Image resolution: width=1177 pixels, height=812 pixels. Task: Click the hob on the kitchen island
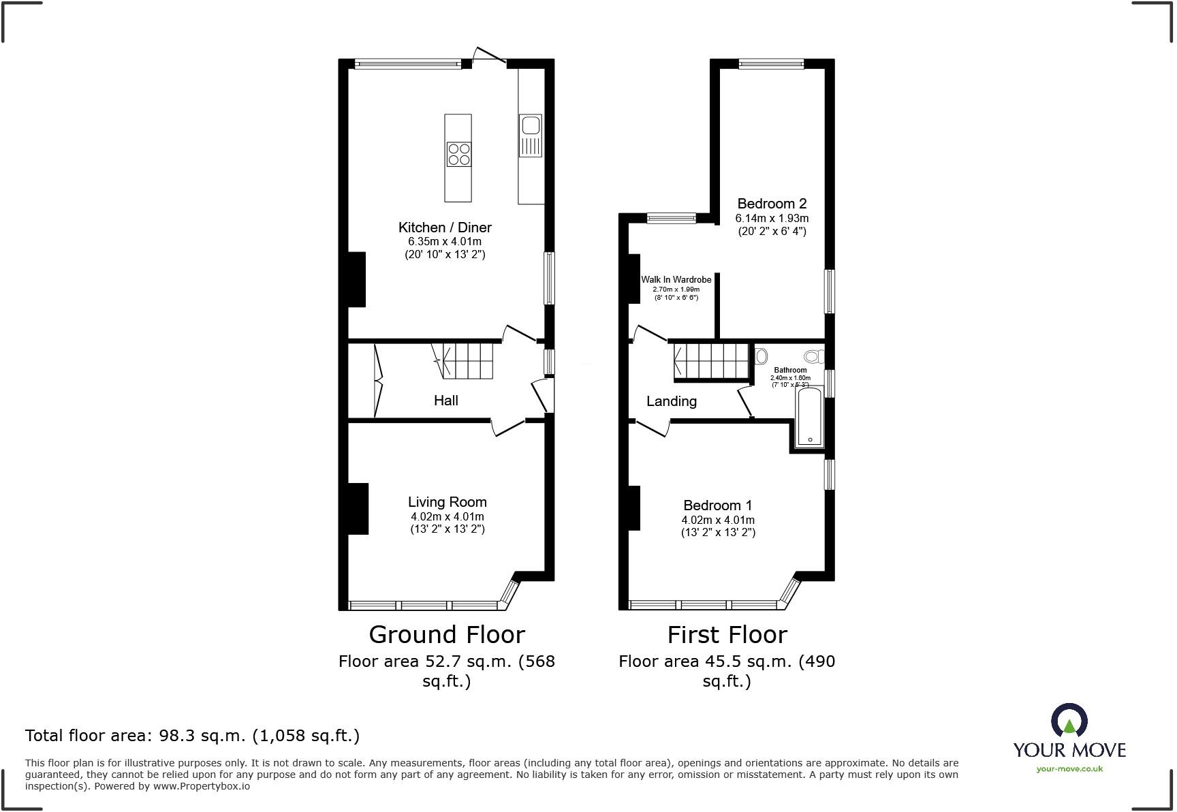[458, 154]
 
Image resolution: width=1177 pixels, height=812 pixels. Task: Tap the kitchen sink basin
[529, 125]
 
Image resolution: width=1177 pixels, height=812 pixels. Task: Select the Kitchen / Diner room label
[445, 228]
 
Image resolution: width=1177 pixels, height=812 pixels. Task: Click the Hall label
[446, 401]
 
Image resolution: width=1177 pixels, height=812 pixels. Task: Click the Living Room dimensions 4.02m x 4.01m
[448, 516]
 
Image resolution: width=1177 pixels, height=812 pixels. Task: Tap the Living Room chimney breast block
[358, 508]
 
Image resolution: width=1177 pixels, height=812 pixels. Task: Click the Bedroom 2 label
[772, 204]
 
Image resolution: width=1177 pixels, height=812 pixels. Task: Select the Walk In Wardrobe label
[676, 280]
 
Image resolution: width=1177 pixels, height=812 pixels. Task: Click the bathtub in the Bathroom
[809, 417]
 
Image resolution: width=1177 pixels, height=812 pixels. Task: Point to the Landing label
[671, 401]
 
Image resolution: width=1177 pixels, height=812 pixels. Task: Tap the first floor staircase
[712, 361]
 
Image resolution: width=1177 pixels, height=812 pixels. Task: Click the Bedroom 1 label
[718, 505]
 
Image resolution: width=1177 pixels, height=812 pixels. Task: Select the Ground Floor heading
[447, 634]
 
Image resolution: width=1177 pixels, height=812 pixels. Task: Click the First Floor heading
[727, 634]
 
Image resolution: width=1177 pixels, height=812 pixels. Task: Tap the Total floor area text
[192, 736]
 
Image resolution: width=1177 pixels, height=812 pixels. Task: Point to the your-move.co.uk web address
[1069, 769]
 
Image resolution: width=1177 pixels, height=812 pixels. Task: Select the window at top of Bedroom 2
[772, 65]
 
